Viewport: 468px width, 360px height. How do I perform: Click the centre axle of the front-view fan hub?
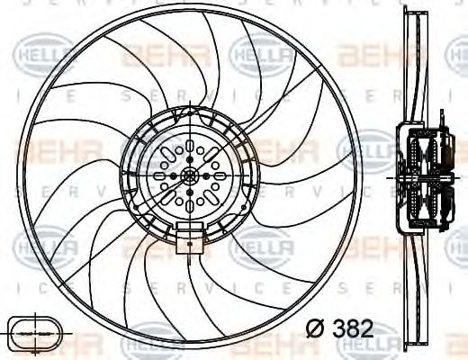(190, 175)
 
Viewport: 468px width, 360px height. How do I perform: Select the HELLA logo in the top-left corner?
(31, 55)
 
